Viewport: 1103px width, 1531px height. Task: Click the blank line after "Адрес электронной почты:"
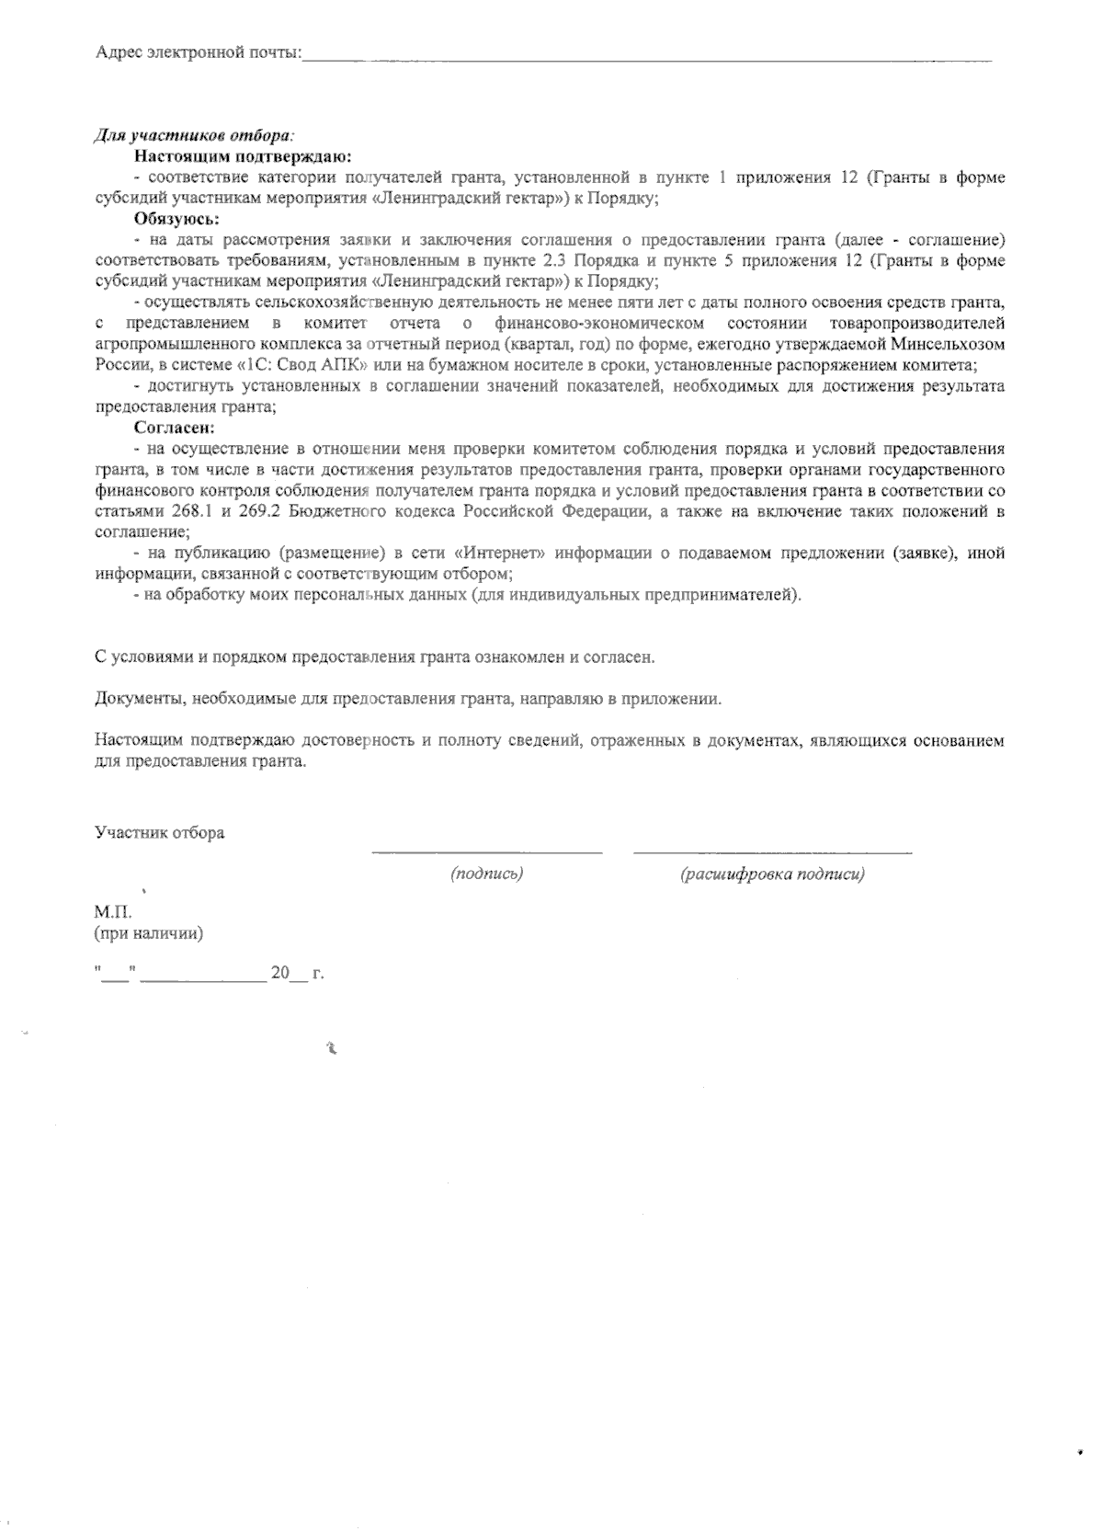(x=647, y=58)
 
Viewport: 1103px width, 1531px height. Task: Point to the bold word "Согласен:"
(x=175, y=428)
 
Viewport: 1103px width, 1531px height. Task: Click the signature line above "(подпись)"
(x=486, y=851)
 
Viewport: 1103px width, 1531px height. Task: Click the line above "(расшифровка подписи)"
(x=772, y=851)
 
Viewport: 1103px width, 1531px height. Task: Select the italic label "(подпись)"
(x=486, y=874)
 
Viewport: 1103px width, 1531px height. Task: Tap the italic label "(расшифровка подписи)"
(x=772, y=874)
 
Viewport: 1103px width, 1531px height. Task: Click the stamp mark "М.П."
(x=113, y=913)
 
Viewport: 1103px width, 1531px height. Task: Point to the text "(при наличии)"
(x=148, y=934)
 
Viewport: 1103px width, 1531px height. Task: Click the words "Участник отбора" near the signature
(x=159, y=833)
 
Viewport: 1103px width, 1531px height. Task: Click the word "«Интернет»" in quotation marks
(x=500, y=553)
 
